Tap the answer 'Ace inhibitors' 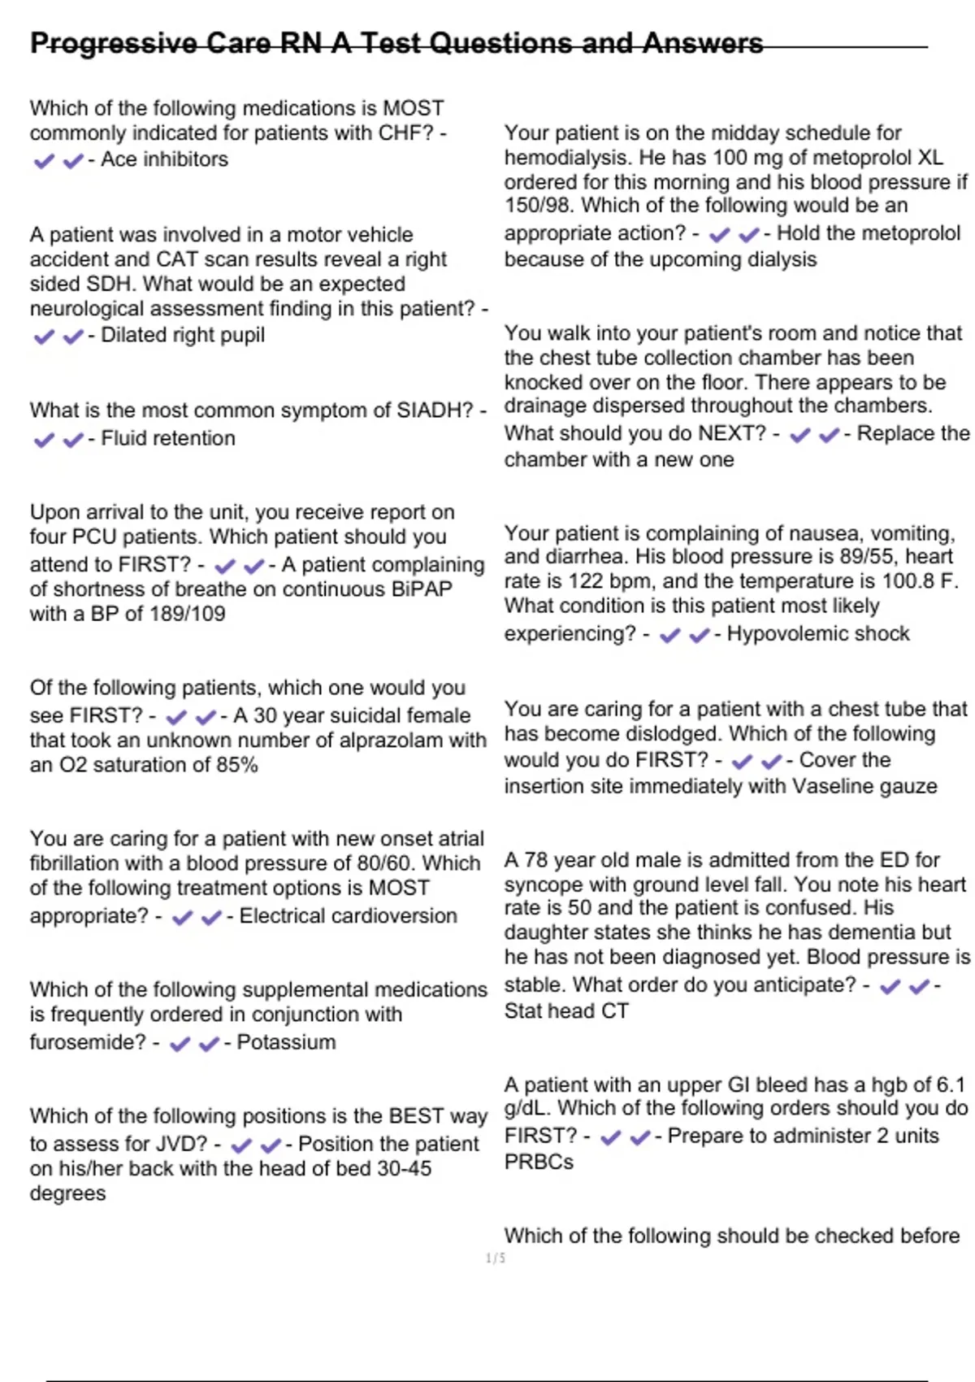coord(164,159)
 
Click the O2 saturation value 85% coord(237,765)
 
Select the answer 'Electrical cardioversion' coord(348,916)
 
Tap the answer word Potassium coord(286,1042)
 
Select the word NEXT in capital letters coord(738,433)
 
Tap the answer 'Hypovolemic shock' coord(817,634)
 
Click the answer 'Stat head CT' coord(566,1011)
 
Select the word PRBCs coord(539,1163)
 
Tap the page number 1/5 coord(496,1258)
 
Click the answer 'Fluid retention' coord(167,438)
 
